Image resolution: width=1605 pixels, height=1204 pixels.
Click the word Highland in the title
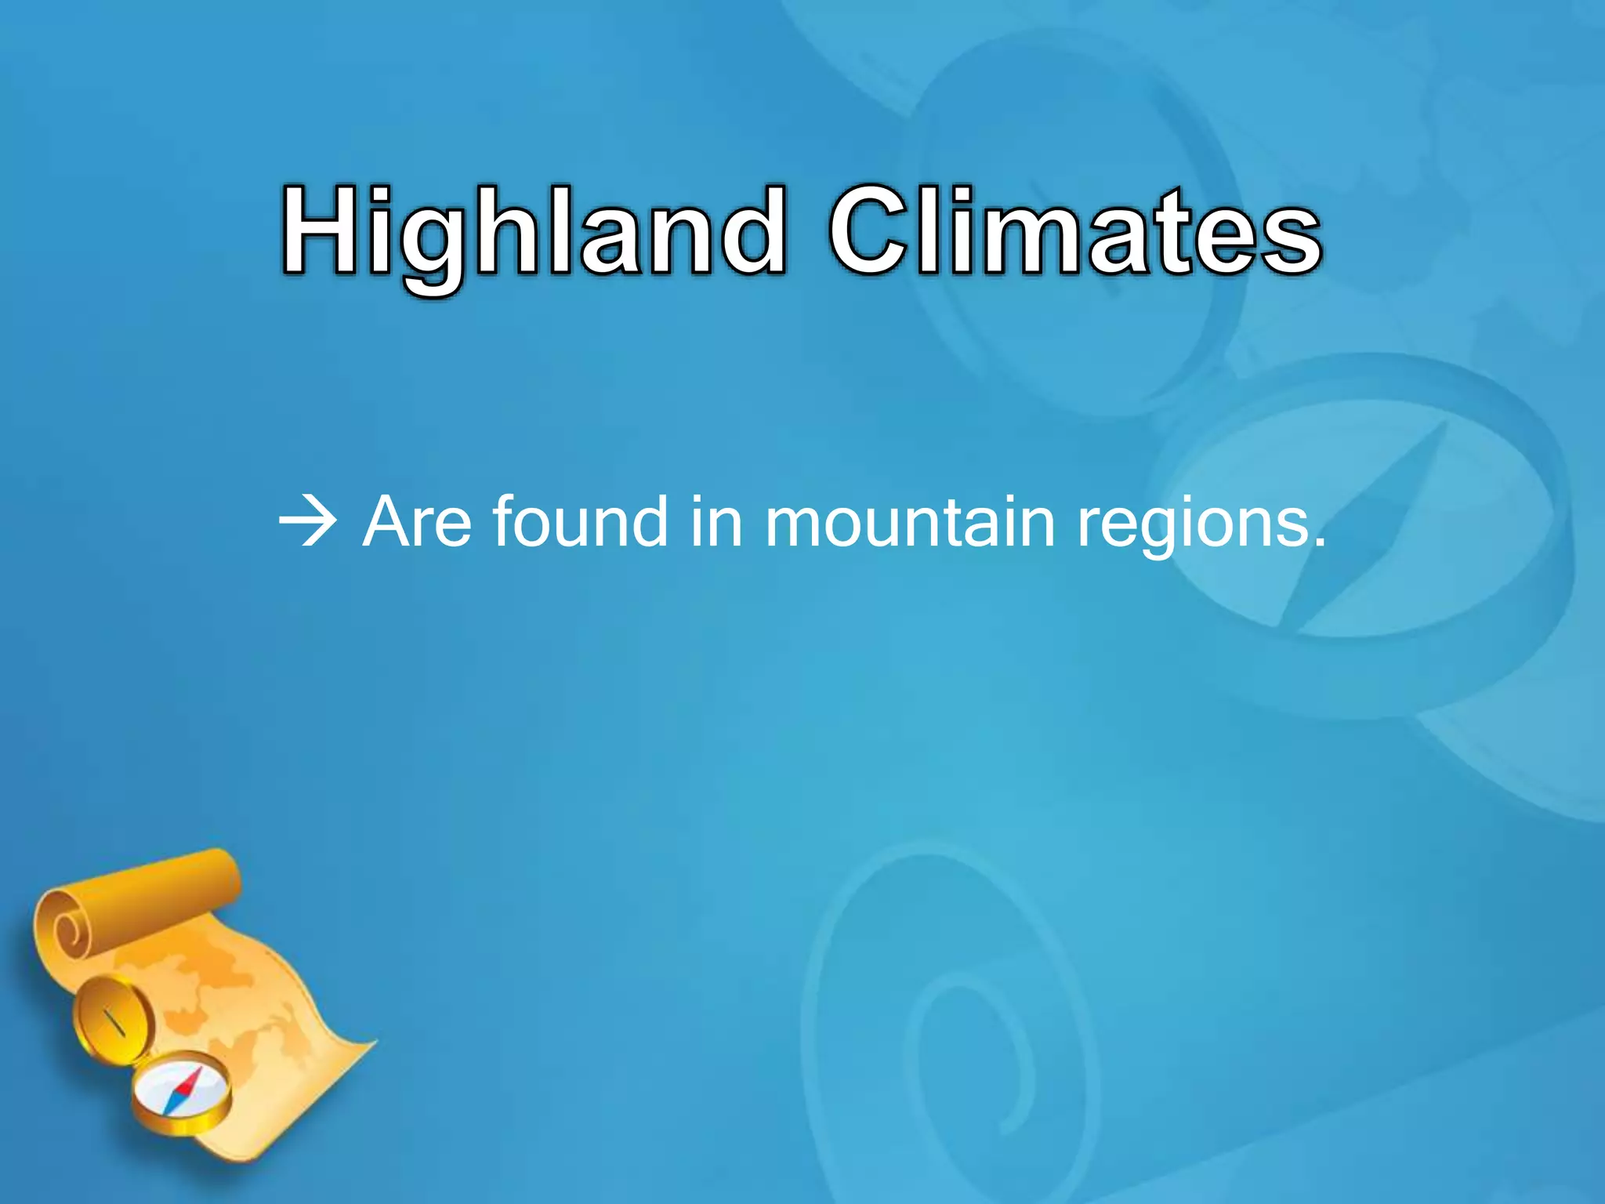coord(533,232)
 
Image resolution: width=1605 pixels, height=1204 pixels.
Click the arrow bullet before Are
coord(307,521)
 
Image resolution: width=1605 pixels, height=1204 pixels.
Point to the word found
coord(580,521)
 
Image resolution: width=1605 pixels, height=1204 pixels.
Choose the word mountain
coord(910,521)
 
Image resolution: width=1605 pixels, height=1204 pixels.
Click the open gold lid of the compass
coord(110,1019)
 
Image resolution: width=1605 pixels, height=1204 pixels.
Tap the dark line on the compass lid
coord(115,1023)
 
